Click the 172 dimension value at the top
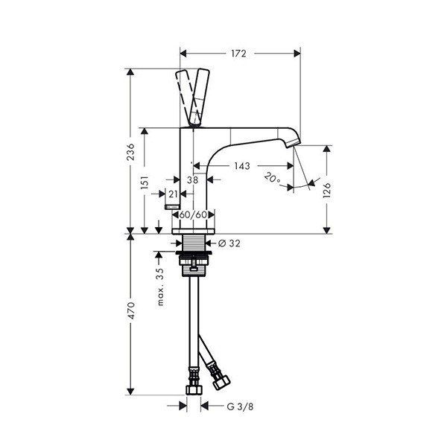238,54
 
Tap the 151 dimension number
145,182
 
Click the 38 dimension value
193,179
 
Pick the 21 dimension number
173,194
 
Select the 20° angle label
272,179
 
